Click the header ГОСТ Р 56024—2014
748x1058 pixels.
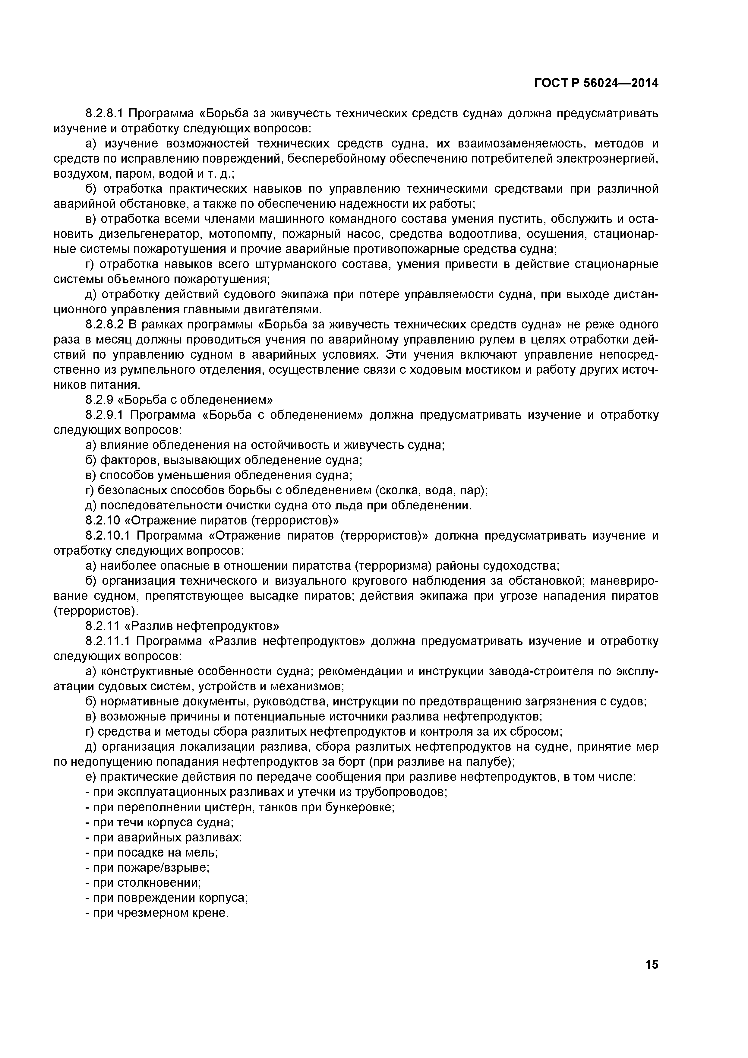point(596,83)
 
